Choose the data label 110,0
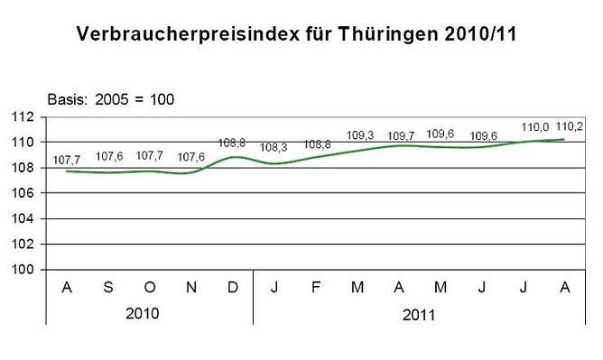click(x=524, y=127)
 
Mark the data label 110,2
click(x=566, y=127)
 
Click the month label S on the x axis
click(x=108, y=287)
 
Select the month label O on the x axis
click(x=150, y=287)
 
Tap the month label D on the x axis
click(x=233, y=287)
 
